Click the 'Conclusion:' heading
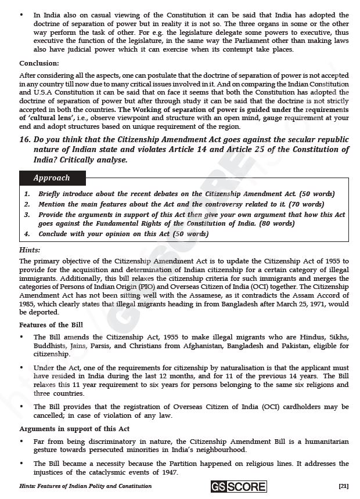(x=39, y=63)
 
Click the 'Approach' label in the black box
(x=52, y=178)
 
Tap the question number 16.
(x=25, y=140)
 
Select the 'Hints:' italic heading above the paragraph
(x=30, y=249)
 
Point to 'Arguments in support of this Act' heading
(x=66, y=429)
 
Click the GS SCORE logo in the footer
(x=239, y=486)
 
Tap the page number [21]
(x=343, y=486)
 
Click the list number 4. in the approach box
(x=27, y=234)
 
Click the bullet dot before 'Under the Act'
(x=22, y=368)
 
